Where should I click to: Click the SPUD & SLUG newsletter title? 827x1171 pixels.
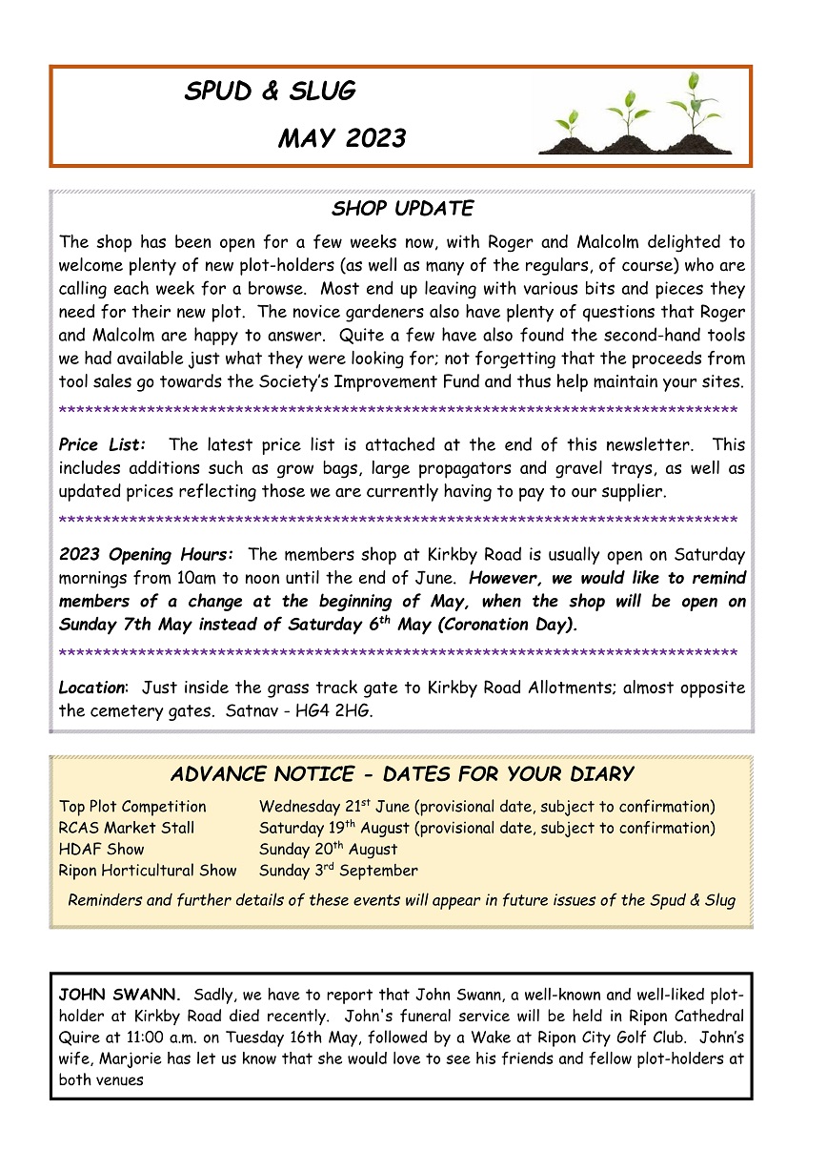(270, 92)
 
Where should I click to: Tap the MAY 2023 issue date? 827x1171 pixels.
(341, 139)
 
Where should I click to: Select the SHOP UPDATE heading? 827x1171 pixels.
(402, 209)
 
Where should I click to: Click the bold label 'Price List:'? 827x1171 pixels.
(103, 445)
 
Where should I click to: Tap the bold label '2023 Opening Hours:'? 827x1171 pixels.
(146, 555)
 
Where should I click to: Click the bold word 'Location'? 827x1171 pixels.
(91, 688)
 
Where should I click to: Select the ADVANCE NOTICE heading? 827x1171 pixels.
(402, 773)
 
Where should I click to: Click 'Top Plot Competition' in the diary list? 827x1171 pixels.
(132, 808)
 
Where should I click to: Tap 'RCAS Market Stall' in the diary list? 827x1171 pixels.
(127, 829)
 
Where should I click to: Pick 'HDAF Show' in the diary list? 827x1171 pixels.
(102, 850)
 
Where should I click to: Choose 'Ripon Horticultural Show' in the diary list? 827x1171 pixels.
(148, 871)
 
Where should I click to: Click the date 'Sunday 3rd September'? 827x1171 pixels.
(338, 871)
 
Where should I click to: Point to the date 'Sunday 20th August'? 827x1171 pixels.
(329, 850)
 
